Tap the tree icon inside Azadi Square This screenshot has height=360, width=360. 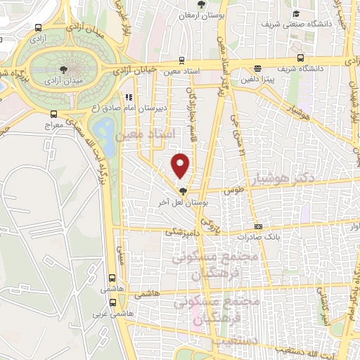[x=64, y=69]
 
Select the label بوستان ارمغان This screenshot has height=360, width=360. [x=200, y=15]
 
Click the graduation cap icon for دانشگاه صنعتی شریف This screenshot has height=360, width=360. [x=296, y=13]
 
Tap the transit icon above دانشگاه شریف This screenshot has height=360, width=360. [x=301, y=58]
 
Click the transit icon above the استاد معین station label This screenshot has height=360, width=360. [x=183, y=60]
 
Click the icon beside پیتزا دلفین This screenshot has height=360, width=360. [x=258, y=69]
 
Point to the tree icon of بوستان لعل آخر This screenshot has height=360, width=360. [x=183, y=191]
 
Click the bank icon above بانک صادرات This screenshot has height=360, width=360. [x=259, y=226]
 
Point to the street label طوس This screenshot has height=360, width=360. [x=233, y=190]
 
